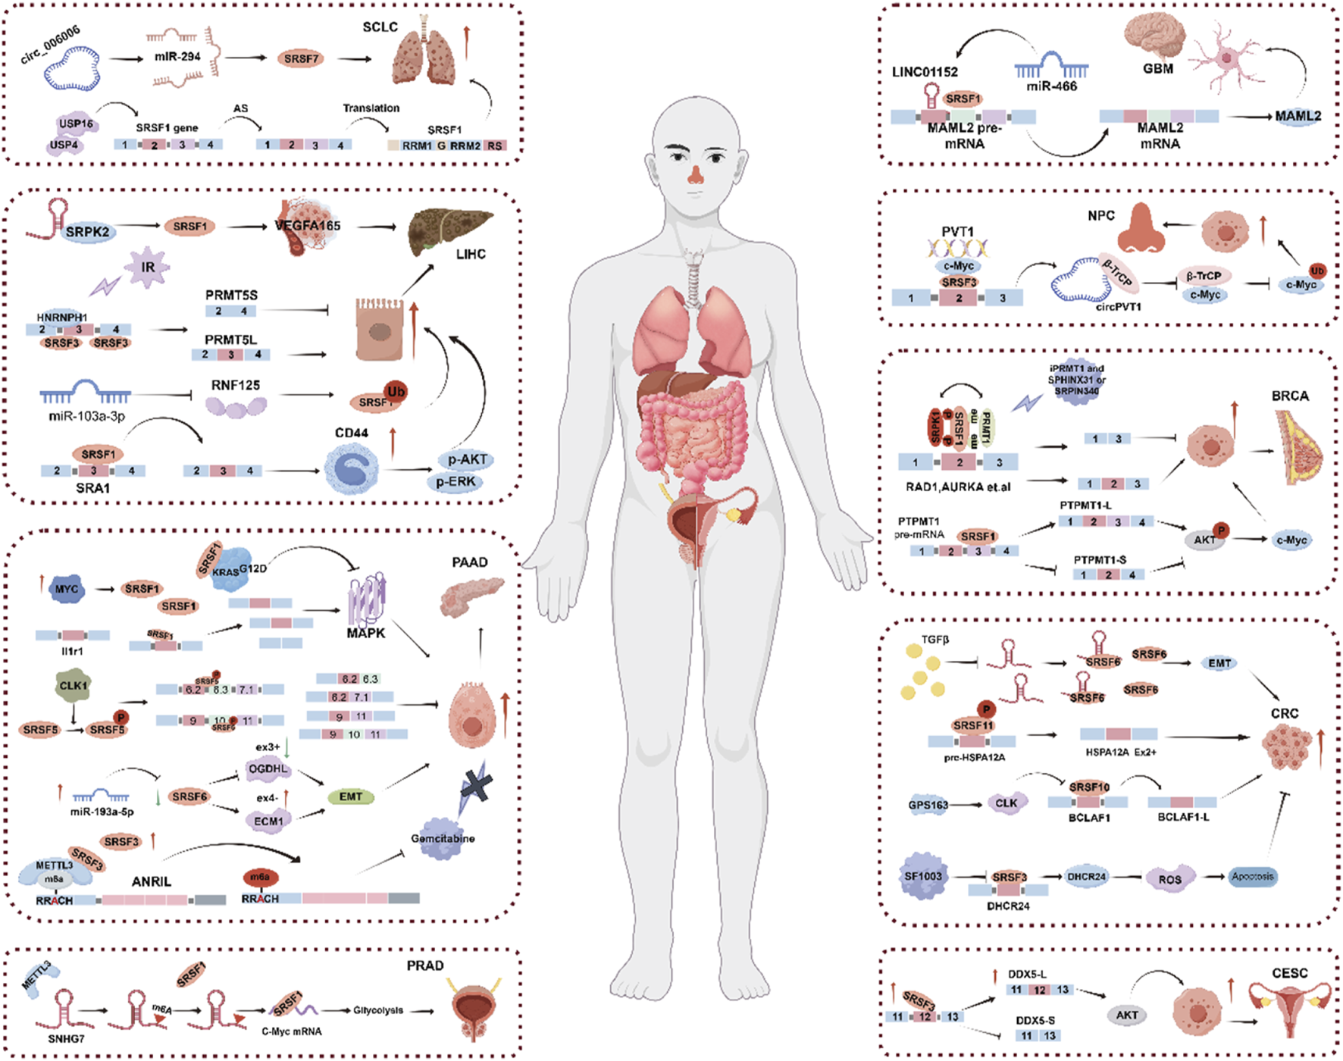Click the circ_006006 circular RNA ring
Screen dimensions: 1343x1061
pos(72,69)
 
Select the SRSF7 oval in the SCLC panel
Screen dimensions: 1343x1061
pos(301,58)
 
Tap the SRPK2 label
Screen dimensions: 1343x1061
pos(87,232)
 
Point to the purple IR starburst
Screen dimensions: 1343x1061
pos(147,268)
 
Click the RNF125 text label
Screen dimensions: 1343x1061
pos(235,385)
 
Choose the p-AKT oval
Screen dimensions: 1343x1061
pos(466,459)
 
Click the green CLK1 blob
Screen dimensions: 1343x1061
pos(73,685)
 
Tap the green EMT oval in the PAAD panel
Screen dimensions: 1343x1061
pos(350,797)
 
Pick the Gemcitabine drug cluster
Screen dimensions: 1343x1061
pos(443,839)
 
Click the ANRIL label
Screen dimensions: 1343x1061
pos(151,881)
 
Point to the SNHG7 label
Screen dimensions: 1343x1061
pos(66,1038)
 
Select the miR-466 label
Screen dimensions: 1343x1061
pos(1051,86)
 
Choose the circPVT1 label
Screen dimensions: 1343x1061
pos(1118,306)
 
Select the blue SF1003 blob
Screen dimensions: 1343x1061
pos(922,876)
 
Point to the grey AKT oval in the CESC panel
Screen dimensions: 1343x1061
pos(1126,1015)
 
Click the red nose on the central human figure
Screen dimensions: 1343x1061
pos(695,176)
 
